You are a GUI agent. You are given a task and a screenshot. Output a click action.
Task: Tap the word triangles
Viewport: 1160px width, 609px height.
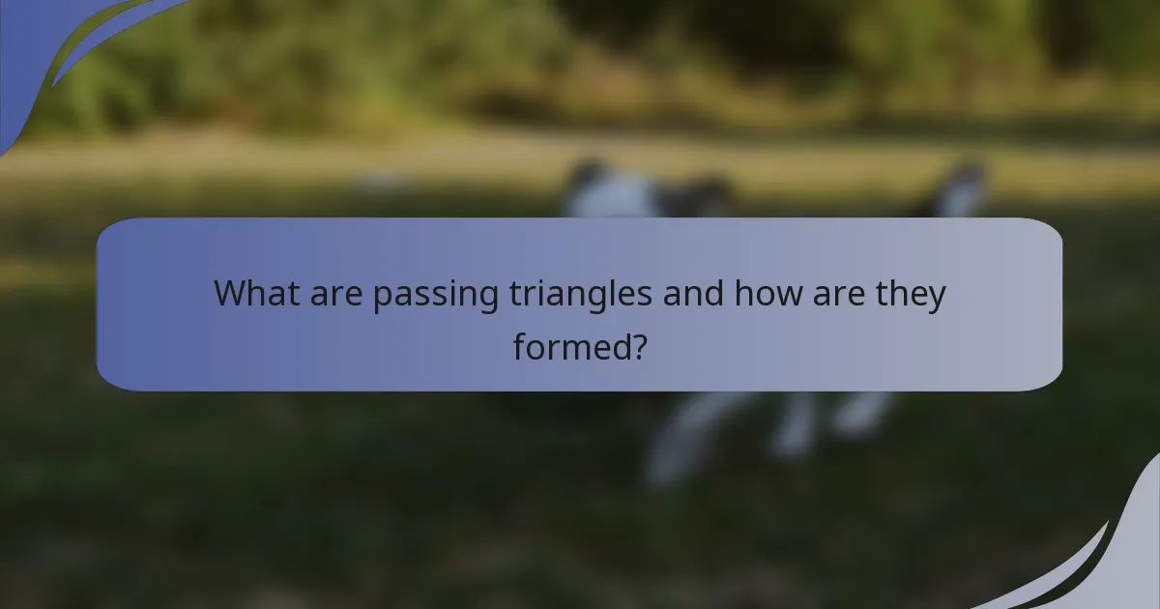[x=581, y=295]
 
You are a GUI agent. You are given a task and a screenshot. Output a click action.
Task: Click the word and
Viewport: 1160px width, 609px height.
[x=693, y=293]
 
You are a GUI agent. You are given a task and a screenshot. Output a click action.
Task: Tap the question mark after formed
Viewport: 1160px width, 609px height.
[x=637, y=345]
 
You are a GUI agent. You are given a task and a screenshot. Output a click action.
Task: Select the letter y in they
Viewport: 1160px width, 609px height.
[x=936, y=298]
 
